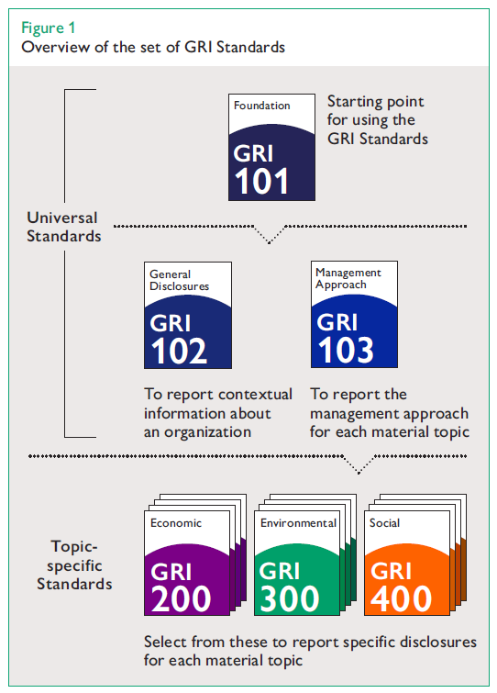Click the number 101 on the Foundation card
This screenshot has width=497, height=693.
pyautogui.click(x=262, y=180)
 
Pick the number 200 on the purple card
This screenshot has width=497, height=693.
pyautogui.click(x=182, y=598)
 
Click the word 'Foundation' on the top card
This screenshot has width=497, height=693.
pyautogui.click(x=261, y=106)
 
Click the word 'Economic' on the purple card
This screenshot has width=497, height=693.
pyautogui.click(x=175, y=523)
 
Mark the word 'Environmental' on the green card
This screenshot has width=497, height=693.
pyautogui.click(x=298, y=523)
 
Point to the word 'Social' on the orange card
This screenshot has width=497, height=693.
pyautogui.click(x=385, y=523)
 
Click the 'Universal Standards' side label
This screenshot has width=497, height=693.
pyautogui.click(x=63, y=227)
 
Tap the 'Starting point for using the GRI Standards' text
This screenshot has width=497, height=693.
pyautogui.click(x=377, y=120)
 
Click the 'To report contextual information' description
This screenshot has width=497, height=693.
pyautogui.click(x=218, y=411)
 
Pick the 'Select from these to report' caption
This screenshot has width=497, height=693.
pyautogui.click(x=309, y=650)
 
